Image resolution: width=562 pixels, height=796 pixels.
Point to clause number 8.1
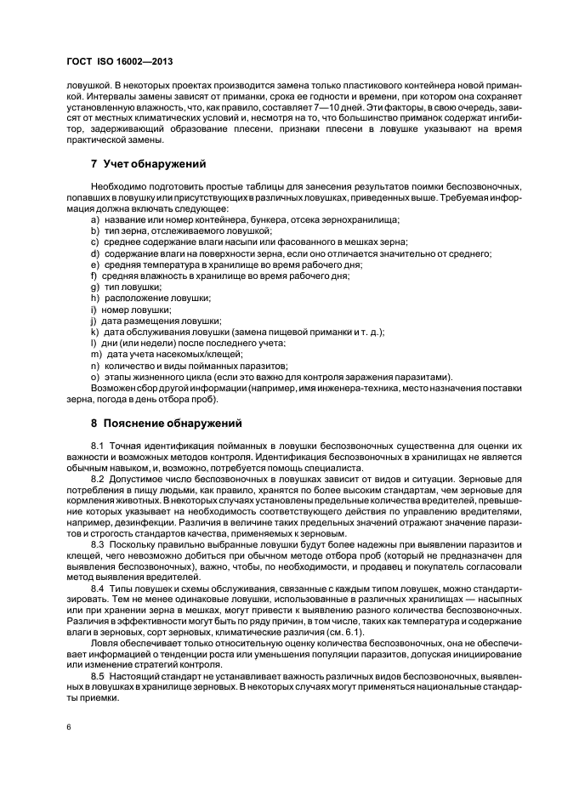click(97, 446)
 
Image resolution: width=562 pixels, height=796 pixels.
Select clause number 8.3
click(97, 543)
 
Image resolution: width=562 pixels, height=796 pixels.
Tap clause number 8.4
click(97, 588)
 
